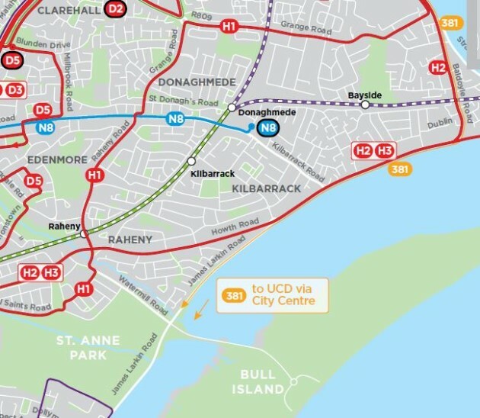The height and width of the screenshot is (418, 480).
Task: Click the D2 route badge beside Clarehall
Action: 115,9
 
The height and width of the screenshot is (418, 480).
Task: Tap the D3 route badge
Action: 14,90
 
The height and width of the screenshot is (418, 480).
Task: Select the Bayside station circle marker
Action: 365,105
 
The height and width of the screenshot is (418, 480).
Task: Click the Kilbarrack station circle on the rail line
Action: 191,161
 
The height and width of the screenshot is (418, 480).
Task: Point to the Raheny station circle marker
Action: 84,234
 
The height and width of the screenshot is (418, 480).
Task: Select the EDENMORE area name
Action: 53,159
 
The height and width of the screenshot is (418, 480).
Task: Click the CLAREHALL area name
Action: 69,10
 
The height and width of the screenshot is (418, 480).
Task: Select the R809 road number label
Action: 201,14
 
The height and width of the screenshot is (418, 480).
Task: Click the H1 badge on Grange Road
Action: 229,26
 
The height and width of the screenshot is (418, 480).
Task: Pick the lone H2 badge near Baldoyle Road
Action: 437,67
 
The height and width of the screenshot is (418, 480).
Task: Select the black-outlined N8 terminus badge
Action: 267,128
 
